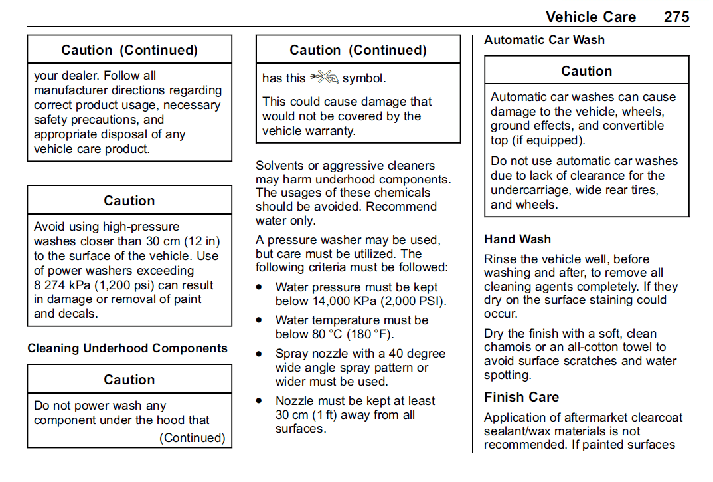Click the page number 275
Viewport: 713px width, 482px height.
click(x=676, y=17)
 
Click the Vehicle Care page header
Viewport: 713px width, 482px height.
click(x=590, y=17)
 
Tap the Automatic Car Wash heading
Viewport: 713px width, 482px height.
click(x=544, y=40)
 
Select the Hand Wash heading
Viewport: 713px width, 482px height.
click(x=517, y=239)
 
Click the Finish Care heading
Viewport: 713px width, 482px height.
click(x=521, y=397)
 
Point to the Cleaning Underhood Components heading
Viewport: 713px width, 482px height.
click(x=127, y=348)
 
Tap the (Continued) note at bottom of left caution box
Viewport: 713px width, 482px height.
click(x=192, y=438)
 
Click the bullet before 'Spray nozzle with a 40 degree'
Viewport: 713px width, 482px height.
click(x=260, y=354)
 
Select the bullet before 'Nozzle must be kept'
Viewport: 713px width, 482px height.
click(x=260, y=401)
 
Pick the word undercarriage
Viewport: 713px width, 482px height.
click(x=531, y=190)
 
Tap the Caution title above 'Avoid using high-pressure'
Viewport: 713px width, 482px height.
click(x=129, y=201)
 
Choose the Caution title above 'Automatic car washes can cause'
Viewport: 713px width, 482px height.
click(x=586, y=71)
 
